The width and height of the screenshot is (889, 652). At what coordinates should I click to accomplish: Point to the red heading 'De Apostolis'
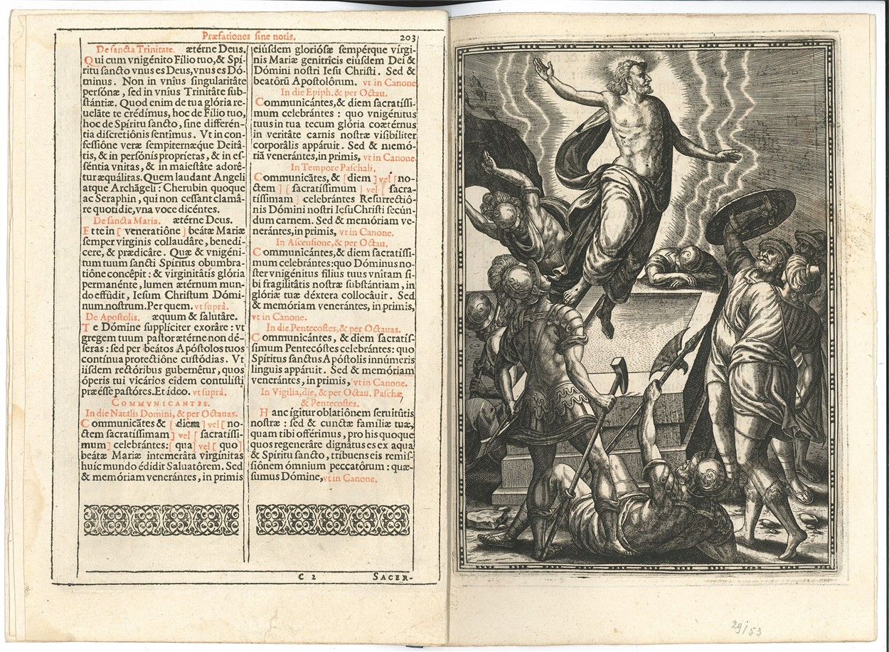pyautogui.click(x=107, y=313)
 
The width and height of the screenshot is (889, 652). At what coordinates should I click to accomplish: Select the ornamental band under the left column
pyautogui.click(x=161, y=520)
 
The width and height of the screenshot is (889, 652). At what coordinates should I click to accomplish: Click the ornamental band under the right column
pyautogui.click(x=333, y=520)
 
